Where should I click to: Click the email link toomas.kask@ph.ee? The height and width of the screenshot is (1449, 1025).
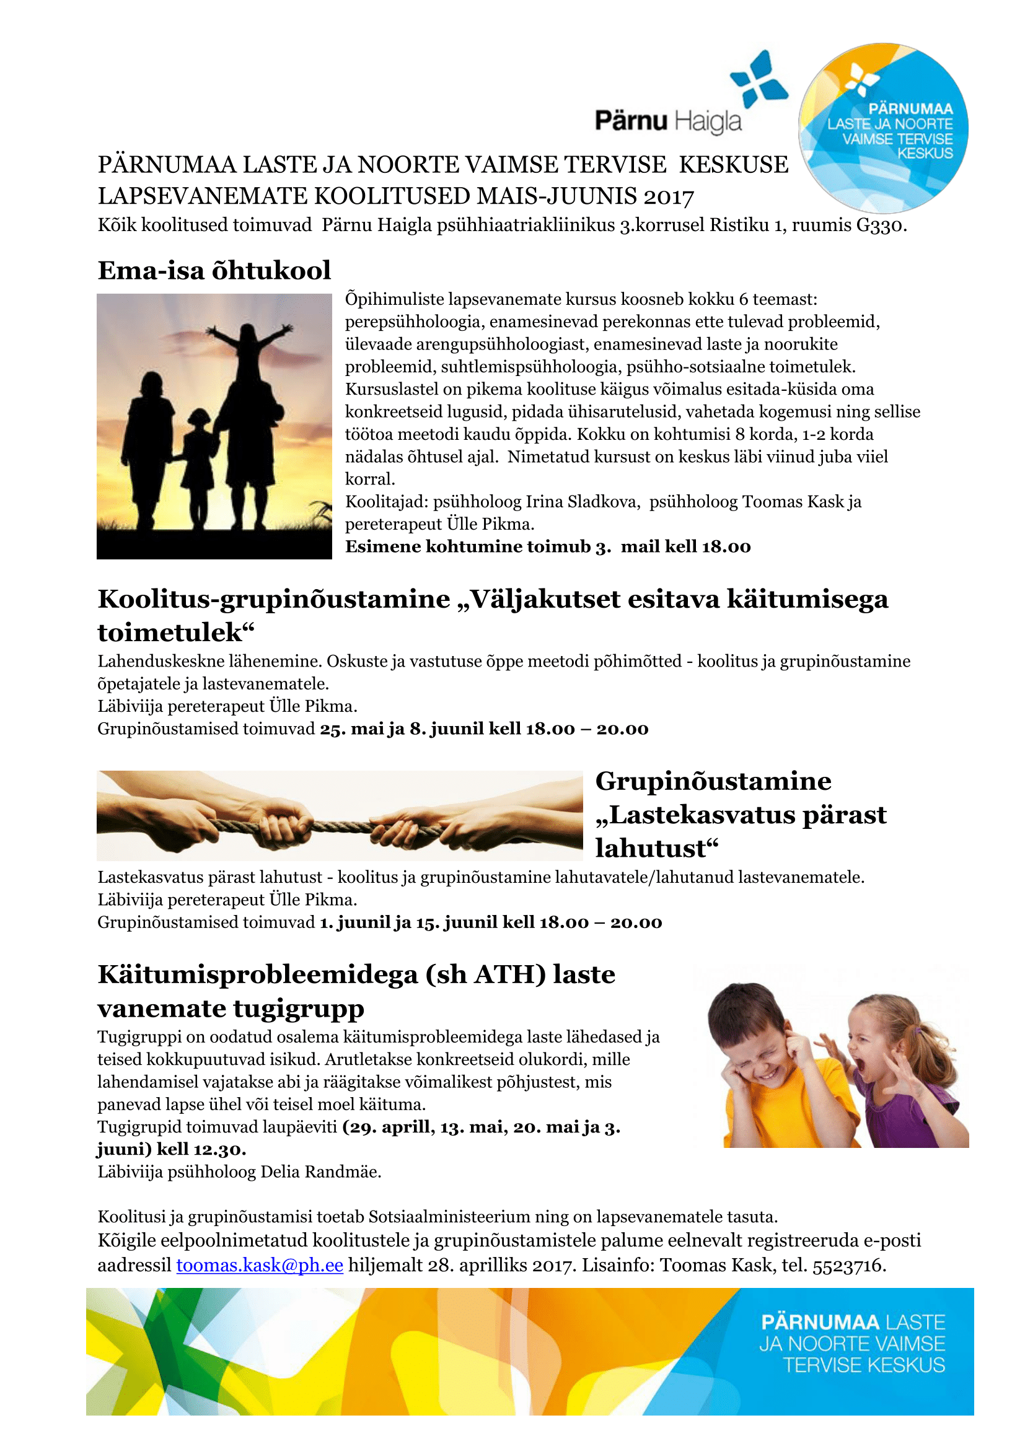[260, 1266]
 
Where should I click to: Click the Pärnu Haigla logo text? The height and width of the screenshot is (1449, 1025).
[668, 120]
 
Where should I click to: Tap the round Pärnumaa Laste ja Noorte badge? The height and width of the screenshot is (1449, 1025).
[884, 128]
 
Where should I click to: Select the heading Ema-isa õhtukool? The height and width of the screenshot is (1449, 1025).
[214, 270]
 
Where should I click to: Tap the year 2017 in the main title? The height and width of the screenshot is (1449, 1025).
[669, 197]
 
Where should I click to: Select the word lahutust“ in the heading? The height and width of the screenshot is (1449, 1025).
[656, 849]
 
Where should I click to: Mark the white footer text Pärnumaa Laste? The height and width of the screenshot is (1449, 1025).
[853, 1322]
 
